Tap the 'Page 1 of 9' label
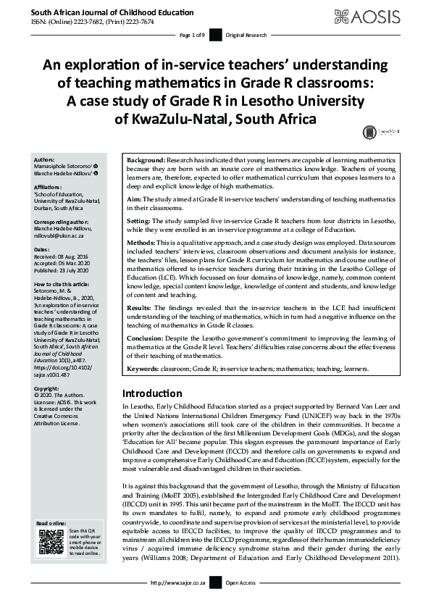[x=192, y=35]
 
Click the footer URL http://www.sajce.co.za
[x=177, y=582]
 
